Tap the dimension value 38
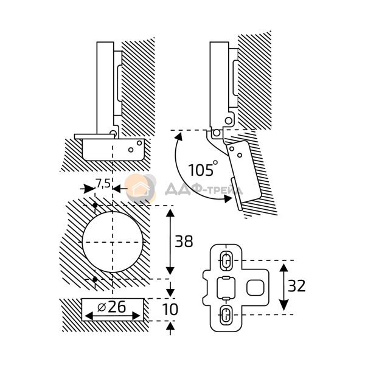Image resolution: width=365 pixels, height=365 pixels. click(184, 242)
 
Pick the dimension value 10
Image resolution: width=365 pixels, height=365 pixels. click(172, 310)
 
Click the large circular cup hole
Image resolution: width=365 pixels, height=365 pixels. click(112, 241)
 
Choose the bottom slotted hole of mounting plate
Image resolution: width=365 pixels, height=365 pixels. click(224, 315)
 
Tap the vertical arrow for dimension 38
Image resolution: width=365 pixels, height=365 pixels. click(169, 242)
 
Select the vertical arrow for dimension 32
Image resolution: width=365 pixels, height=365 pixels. click(284, 287)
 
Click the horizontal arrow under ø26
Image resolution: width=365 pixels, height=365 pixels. click(113, 316)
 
